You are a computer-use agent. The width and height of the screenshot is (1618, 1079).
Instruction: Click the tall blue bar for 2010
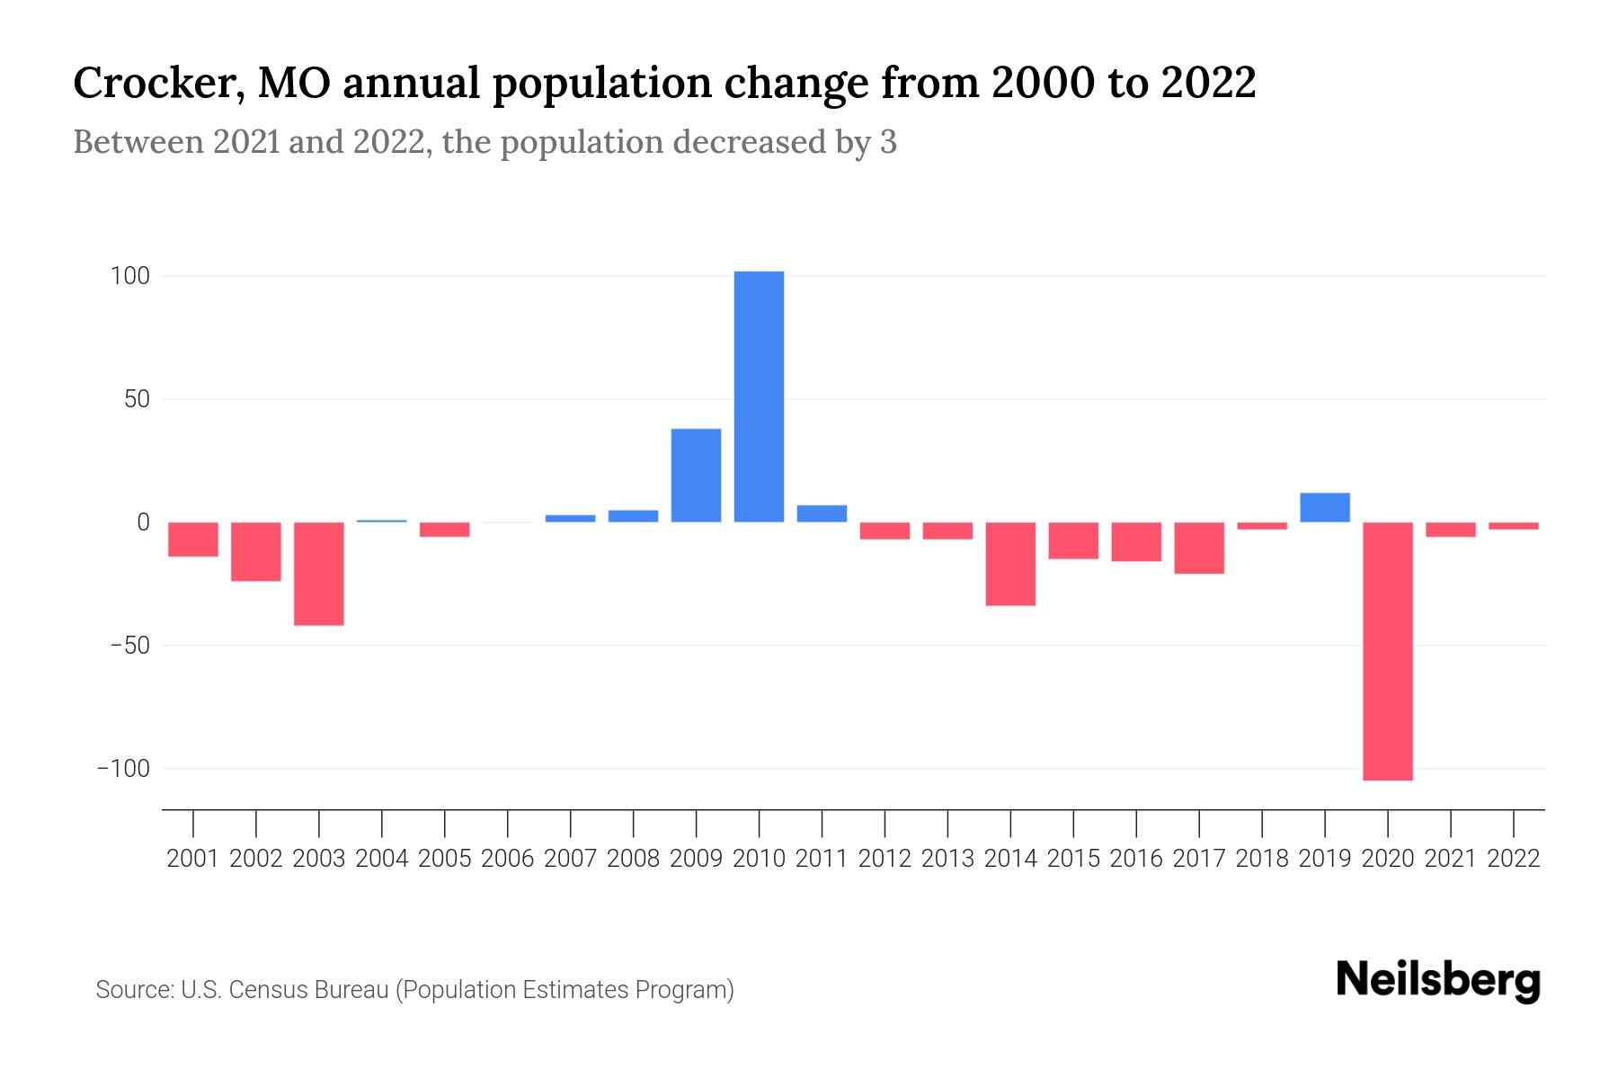(759, 397)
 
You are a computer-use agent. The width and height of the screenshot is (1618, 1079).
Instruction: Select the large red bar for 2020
(1387, 651)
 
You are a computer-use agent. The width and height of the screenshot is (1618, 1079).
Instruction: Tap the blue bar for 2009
(696, 476)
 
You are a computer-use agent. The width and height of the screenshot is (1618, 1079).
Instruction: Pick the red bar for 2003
(319, 574)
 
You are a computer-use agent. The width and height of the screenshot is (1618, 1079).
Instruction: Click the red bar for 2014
(1010, 564)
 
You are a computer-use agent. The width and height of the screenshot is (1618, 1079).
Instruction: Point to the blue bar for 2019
(1324, 508)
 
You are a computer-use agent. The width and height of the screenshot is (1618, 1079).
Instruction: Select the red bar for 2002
(256, 551)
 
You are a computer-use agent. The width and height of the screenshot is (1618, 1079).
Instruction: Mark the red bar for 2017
(1198, 548)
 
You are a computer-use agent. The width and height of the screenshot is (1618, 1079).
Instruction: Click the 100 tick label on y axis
(129, 276)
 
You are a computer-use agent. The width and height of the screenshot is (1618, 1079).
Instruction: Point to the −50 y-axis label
(129, 646)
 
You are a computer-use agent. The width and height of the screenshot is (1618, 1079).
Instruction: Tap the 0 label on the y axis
(143, 522)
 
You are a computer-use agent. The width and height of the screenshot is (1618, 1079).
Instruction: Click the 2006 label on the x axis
(508, 859)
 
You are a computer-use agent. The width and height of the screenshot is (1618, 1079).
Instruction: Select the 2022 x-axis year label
(1513, 859)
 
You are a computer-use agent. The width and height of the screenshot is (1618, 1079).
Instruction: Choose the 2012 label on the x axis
(885, 859)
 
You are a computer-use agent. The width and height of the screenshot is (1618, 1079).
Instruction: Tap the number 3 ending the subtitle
(888, 143)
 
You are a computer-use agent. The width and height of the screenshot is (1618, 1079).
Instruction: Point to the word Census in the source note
(265, 990)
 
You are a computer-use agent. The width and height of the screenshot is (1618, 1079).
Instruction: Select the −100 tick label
(123, 769)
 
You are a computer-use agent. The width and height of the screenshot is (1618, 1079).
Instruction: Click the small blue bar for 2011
(822, 513)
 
